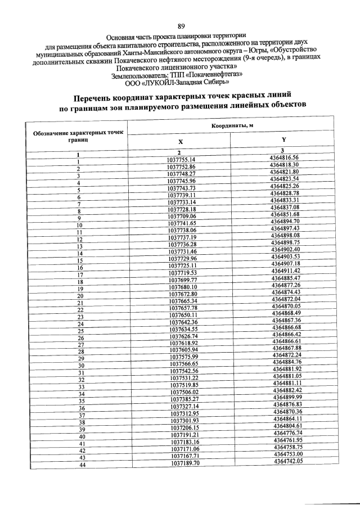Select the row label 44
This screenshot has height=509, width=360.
[82, 465]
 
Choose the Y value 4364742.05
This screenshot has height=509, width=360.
[289, 461]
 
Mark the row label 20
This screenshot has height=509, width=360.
[80, 295]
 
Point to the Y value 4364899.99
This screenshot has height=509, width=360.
[287, 397]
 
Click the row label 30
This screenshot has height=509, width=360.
[81, 366]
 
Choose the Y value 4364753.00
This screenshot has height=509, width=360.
[289, 454]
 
